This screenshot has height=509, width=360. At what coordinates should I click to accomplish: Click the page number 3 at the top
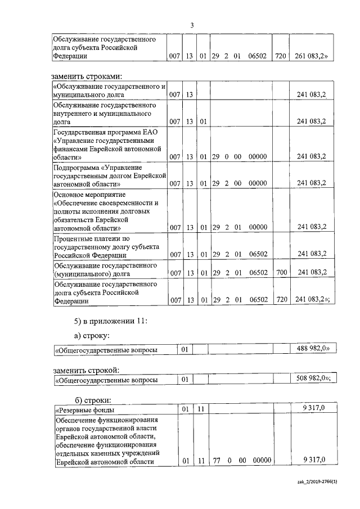tap(192, 25)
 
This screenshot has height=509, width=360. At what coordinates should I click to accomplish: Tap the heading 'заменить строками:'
tap(87, 76)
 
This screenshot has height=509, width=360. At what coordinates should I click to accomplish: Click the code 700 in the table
tap(282, 272)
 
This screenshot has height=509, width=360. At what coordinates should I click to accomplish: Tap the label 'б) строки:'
tap(93, 399)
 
